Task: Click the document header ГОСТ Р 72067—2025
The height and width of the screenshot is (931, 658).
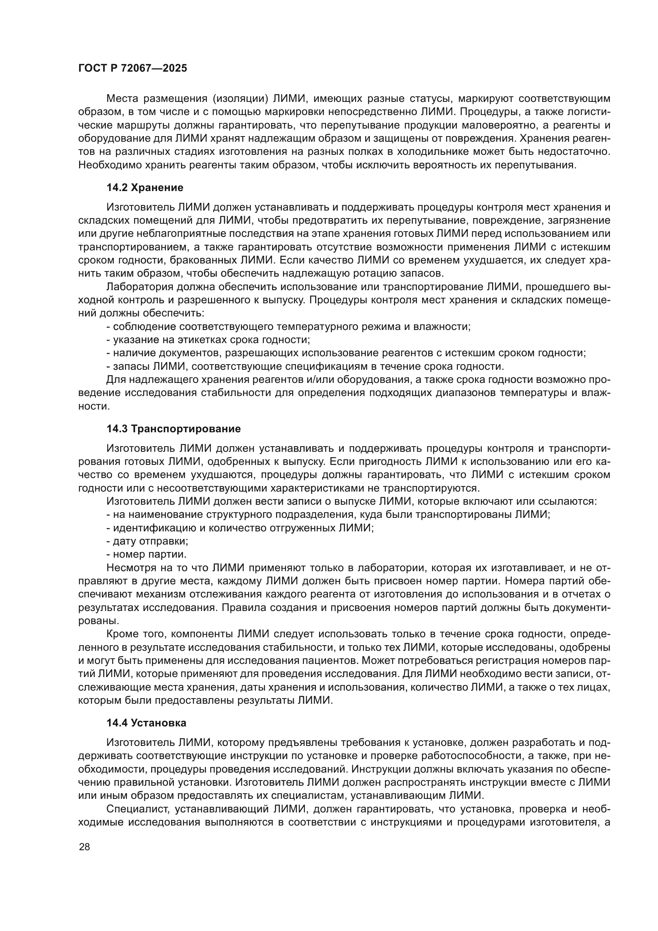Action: tap(132, 68)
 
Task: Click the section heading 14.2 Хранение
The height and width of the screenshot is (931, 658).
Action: tap(145, 187)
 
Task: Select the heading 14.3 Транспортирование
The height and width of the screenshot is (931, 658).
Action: tap(173, 429)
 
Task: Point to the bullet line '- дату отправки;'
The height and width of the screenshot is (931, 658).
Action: tap(147, 541)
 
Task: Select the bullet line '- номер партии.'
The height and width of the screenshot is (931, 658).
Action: tap(146, 554)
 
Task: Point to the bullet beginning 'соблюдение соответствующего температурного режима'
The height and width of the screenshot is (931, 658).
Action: tap(288, 326)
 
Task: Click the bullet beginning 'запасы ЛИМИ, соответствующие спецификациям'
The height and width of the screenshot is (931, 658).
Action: tap(305, 366)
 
